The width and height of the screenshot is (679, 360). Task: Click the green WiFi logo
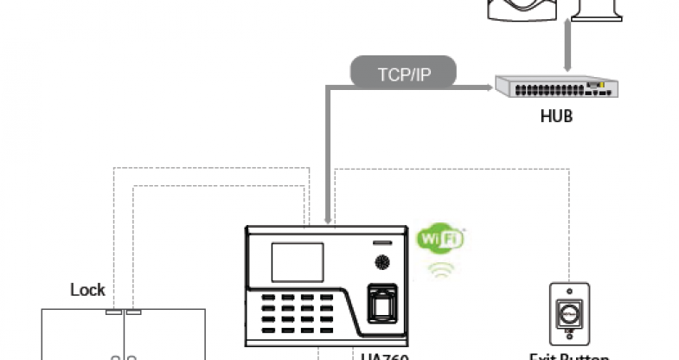[441, 238]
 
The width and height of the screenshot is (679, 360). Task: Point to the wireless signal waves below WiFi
[441, 269]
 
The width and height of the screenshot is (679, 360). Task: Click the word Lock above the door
[87, 290]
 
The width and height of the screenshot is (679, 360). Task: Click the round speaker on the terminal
[381, 262]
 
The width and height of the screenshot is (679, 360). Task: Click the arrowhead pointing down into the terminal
[326, 222]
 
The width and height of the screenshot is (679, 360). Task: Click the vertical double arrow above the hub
[566, 48]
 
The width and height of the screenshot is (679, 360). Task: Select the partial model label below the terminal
[384, 355]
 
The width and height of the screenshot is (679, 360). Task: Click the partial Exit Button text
[569, 356]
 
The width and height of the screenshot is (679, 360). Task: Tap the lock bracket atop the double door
[124, 311]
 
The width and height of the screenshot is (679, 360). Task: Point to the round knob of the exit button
[569, 312]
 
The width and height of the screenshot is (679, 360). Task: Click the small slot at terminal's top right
[381, 240]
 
